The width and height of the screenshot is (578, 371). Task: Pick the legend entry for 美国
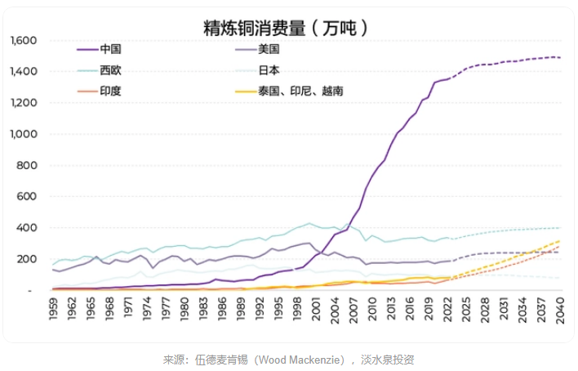click(x=269, y=49)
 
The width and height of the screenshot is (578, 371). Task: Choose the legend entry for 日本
click(x=269, y=69)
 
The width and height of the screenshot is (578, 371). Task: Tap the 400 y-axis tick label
click(x=28, y=228)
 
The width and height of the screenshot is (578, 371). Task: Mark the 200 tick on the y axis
click(x=28, y=259)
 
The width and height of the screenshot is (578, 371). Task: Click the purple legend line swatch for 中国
click(x=85, y=49)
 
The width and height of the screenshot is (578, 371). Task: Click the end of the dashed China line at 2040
click(x=560, y=57)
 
